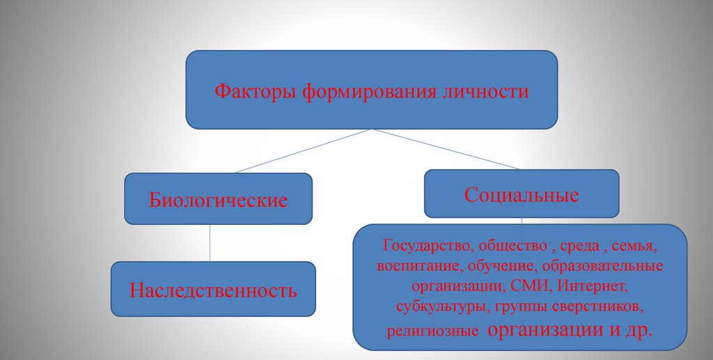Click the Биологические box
(x=218, y=199)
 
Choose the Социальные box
(x=522, y=194)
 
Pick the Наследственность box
(x=213, y=289)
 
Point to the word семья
(x=636, y=246)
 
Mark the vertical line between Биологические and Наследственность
(x=210, y=243)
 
